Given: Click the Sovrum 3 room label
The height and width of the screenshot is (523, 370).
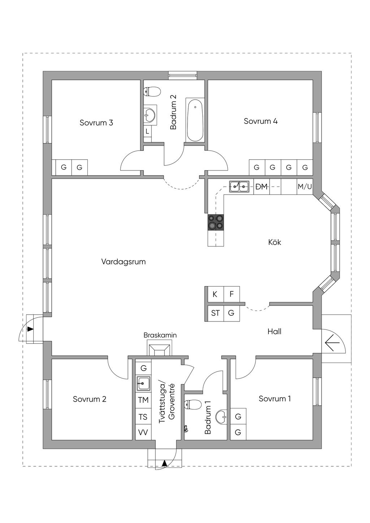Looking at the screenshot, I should pos(96,123).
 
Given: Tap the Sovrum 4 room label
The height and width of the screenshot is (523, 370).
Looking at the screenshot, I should pos(261,121).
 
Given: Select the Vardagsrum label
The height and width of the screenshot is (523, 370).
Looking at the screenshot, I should pos(123,261).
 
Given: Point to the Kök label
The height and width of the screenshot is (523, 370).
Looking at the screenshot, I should pos(275,242).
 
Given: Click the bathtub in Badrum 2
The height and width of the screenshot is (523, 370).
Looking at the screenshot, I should pos(195,120).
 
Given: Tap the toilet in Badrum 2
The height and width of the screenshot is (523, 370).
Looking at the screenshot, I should pos(152,92).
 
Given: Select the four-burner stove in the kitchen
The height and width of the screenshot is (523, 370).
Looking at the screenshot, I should pos(216,222).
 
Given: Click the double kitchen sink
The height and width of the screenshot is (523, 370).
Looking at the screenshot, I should pos(239,186).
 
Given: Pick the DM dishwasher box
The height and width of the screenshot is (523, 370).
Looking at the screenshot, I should pos(261,187).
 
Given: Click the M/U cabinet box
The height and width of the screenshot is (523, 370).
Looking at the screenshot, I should pos(305,187).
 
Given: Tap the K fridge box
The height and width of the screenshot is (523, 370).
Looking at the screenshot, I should pos(215,294).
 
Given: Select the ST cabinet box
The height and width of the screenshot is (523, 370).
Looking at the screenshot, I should pos(215,313).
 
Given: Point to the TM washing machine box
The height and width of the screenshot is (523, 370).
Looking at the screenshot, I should pos(143,400).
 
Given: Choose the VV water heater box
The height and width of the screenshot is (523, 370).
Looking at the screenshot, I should pos(143,432).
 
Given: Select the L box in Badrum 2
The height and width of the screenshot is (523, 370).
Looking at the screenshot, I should pos(147,132).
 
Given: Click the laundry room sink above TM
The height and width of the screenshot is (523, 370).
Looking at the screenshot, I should pos(143,383).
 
